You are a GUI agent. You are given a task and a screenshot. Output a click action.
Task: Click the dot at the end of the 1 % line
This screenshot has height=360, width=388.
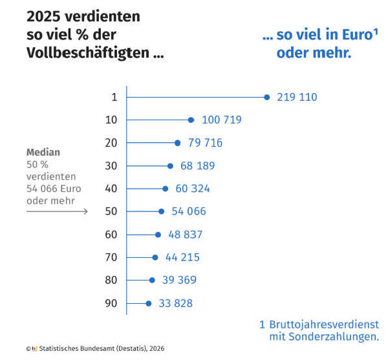[266, 97]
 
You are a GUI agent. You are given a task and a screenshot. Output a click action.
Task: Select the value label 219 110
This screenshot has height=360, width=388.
[297, 98]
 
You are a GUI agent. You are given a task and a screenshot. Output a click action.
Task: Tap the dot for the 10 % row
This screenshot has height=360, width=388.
[191, 120]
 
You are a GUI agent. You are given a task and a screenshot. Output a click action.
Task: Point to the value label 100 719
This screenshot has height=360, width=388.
[222, 120]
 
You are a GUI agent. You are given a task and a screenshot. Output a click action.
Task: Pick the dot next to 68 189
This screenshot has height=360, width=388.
[170, 166]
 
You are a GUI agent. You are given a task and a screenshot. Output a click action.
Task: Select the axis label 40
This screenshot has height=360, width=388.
[111, 189]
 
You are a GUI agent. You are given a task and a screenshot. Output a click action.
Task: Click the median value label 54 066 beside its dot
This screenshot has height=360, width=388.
[189, 211]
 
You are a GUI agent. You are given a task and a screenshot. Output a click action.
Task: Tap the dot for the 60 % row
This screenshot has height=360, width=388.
[158, 235]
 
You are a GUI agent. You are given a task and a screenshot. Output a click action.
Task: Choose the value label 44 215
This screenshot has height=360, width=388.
[182, 257]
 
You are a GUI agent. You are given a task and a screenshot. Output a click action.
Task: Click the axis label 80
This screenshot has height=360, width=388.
[111, 280]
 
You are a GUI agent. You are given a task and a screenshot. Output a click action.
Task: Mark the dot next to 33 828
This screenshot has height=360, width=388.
[148, 303]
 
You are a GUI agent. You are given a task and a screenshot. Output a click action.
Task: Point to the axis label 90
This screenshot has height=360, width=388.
[111, 303]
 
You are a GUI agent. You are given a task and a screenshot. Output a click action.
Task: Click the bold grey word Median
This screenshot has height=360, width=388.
[43, 153]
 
